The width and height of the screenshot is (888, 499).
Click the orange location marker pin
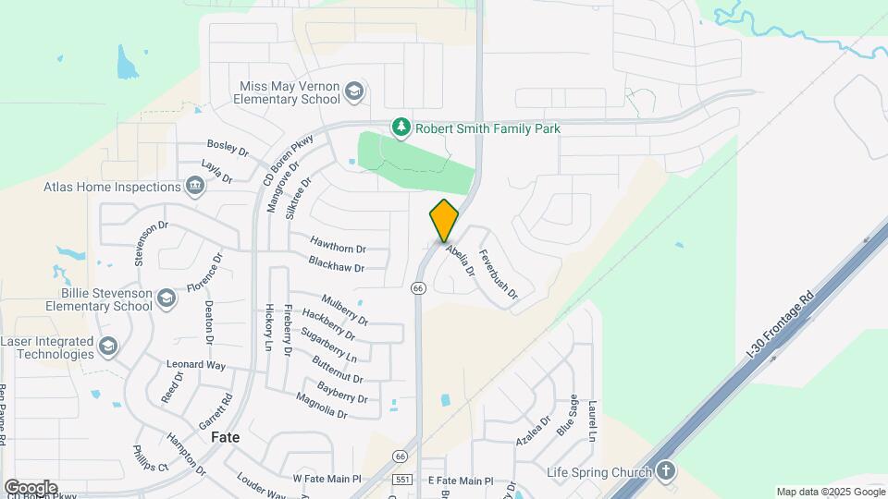[444, 221]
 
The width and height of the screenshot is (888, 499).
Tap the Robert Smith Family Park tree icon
[401, 128]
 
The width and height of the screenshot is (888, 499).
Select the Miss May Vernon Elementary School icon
[354, 91]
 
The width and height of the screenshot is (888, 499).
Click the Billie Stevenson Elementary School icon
[166, 298]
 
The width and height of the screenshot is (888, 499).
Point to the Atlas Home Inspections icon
[195, 187]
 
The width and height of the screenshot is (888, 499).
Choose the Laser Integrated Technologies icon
[108, 347]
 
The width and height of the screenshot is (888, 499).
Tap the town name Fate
[227, 436]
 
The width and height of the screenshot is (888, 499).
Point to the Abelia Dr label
[460, 261]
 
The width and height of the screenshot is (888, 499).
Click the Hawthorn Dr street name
[338, 249]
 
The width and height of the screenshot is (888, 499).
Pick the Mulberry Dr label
[344, 310]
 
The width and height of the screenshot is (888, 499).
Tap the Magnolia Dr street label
[321, 406]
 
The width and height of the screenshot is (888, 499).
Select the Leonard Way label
[196, 365]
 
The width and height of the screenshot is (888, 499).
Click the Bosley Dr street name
[228, 147]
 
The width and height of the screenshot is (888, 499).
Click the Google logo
[31, 487]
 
